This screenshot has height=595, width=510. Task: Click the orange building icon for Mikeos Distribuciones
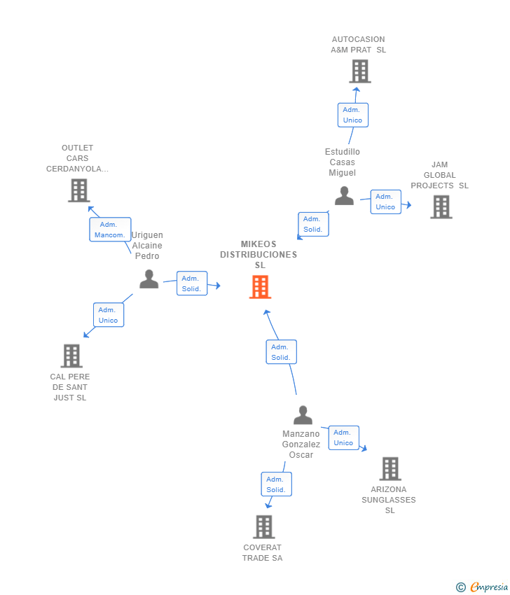(x=260, y=287)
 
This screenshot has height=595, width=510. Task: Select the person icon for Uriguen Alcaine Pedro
(x=149, y=279)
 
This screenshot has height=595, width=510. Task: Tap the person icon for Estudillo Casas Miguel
(x=345, y=196)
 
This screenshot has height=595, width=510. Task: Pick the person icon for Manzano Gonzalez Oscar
(x=303, y=415)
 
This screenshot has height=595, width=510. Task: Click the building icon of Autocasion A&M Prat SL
(x=360, y=71)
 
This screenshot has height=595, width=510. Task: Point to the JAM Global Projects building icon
(x=441, y=207)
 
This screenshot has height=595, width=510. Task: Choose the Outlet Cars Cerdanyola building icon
(x=79, y=190)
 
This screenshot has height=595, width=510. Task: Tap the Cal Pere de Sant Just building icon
(x=71, y=356)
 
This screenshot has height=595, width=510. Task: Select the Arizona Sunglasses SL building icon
(x=390, y=468)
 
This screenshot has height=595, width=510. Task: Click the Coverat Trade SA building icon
(x=264, y=526)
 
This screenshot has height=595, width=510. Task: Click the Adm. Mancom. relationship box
(x=110, y=230)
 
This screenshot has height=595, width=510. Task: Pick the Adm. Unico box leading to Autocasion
(x=353, y=115)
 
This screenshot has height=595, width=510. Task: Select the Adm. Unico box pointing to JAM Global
(x=386, y=202)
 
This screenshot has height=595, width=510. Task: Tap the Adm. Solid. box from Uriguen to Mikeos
(x=192, y=283)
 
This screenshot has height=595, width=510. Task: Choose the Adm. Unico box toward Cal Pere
(x=109, y=315)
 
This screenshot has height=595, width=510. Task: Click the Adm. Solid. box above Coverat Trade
(x=277, y=484)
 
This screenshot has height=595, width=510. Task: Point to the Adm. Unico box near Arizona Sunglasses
(x=344, y=437)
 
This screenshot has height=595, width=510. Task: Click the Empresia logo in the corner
(x=482, y=587)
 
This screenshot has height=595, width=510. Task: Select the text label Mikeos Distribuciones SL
(x=259, y=255)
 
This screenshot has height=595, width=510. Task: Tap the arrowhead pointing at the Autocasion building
(x=356, y=90)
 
